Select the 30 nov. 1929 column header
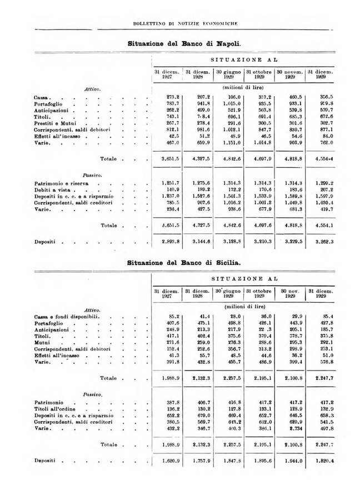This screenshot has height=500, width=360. click(x=289, y=294)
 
